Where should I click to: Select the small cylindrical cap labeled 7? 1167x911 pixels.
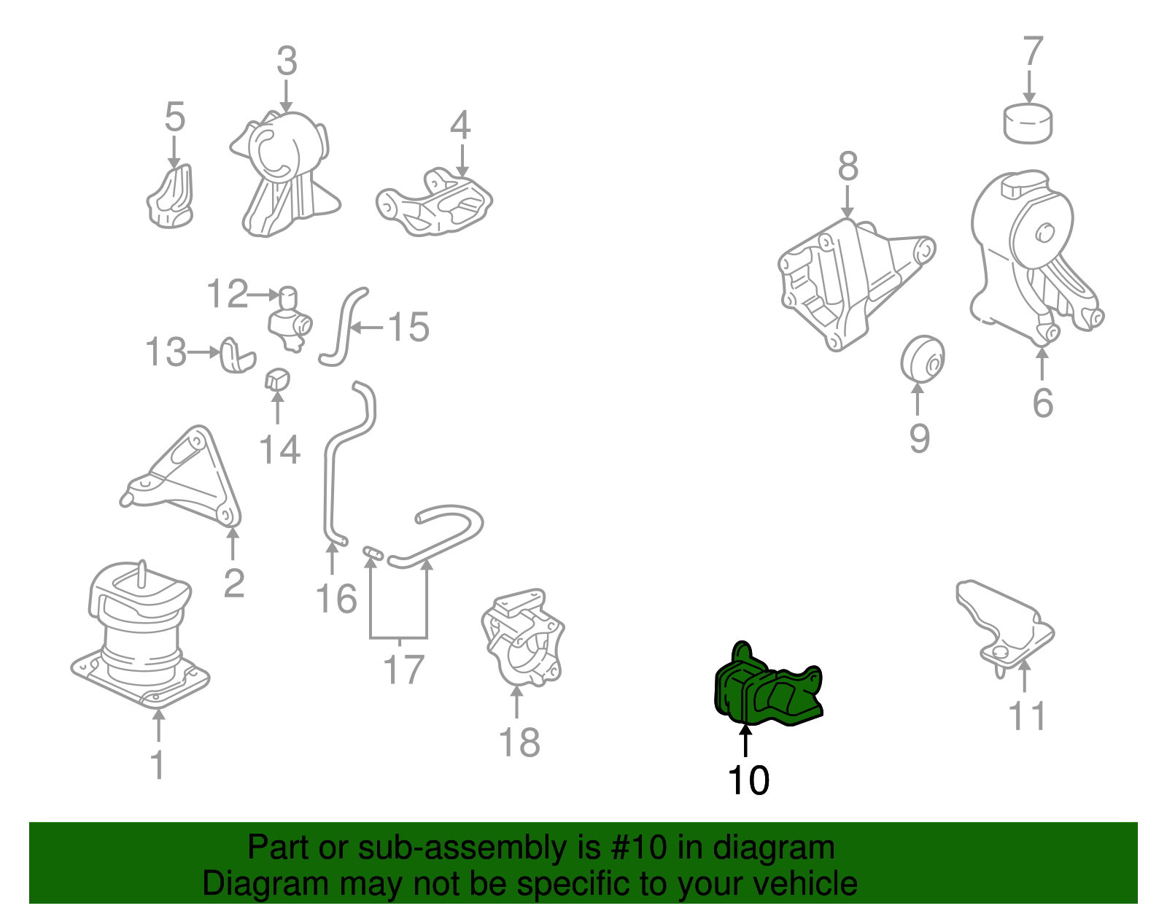tap(1028, 123)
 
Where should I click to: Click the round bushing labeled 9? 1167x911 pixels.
tap(922, 359)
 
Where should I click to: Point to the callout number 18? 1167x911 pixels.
tap(519, 743)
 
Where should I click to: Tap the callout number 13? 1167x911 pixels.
tap(166, 352)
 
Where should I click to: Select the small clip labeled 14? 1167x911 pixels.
tap(277, 379)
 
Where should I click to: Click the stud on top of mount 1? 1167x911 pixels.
tap(142, 574)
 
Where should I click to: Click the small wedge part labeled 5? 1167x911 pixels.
tap(171, 196)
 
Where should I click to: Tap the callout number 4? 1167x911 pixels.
tap(460, 125)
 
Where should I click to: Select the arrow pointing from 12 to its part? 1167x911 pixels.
tap(264, 294)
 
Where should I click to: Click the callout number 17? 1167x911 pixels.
tap(403, 669)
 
